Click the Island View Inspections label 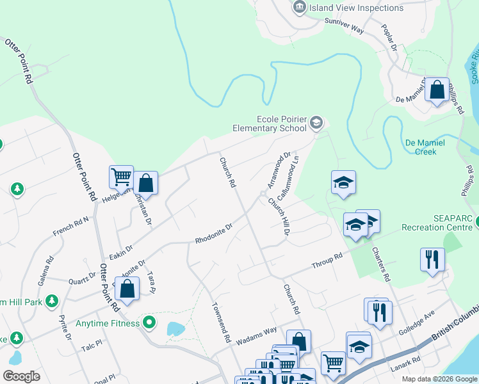tap(356, 8)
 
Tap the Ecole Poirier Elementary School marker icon tap(316, 122)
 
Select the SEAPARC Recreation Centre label tap(438, 223)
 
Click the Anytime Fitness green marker tap(150, 323)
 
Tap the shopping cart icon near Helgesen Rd tap(121, 176)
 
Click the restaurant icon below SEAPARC tap(432, 259)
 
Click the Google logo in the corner tap(21, 376)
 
